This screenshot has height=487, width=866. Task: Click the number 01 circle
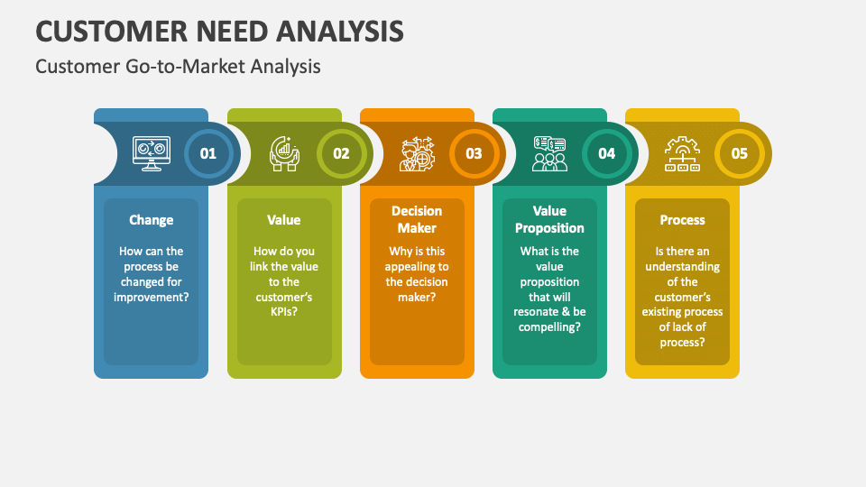208,153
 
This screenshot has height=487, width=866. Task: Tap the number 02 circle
341,153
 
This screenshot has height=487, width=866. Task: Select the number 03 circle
474,153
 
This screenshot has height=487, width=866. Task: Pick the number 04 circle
606,153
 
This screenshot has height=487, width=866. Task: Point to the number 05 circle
739,153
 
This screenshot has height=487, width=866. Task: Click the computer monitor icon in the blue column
151,153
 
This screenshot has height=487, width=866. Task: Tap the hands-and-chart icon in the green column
284,153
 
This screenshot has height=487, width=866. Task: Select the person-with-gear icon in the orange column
417,153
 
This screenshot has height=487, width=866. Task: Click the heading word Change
151,219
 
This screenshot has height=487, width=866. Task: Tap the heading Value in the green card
284,219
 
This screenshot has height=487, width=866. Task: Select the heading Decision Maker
417,219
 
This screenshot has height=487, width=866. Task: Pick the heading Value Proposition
549,219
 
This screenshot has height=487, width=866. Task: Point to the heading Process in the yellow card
682,219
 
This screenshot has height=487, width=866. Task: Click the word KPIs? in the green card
284,312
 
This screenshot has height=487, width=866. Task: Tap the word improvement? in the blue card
151,297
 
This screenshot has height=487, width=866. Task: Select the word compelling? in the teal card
549,327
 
